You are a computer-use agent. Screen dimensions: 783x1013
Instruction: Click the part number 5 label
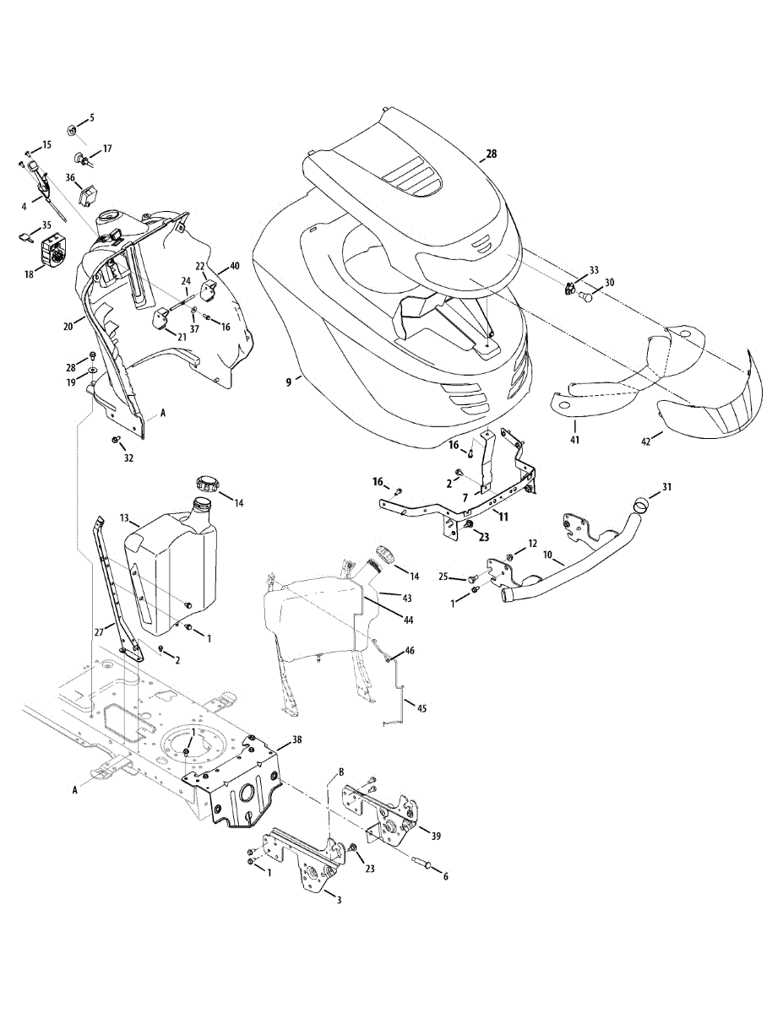(92, 117)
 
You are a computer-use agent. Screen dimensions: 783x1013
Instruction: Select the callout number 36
(71, 178)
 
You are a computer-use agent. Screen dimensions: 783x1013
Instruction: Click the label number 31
(667, 487)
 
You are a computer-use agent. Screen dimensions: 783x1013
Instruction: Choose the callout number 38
(296, 739)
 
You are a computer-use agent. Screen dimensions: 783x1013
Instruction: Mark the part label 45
(421, 708)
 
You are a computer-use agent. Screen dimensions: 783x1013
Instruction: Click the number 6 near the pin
(446, 876)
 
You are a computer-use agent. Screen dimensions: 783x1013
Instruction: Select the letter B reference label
(341, 772)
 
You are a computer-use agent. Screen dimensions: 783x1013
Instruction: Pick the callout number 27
(98, 630)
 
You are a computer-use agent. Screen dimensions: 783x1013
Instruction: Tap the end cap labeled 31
(643, 504)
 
